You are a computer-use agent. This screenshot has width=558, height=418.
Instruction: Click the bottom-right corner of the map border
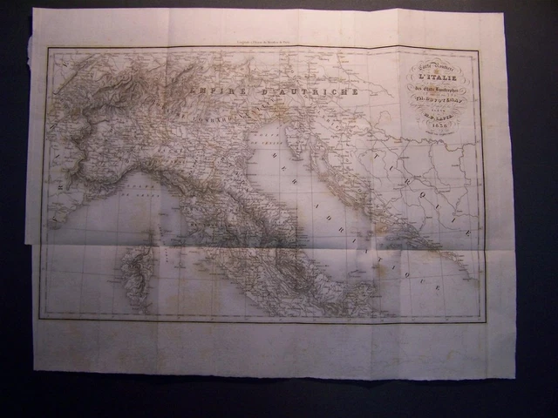[485, 321]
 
